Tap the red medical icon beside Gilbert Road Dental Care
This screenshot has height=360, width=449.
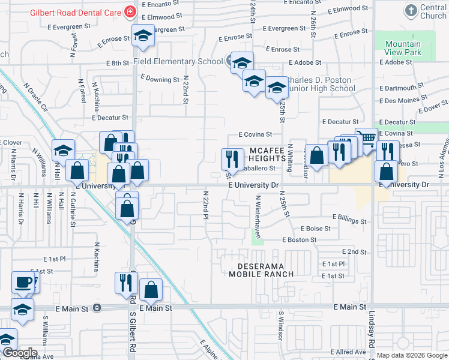128,11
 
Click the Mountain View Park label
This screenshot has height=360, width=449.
403,48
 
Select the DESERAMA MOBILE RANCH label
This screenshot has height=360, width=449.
261,269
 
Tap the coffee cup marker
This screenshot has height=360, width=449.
23,281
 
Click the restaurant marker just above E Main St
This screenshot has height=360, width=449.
126,283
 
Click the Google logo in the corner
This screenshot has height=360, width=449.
19,352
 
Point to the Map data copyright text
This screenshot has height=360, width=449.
412,355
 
